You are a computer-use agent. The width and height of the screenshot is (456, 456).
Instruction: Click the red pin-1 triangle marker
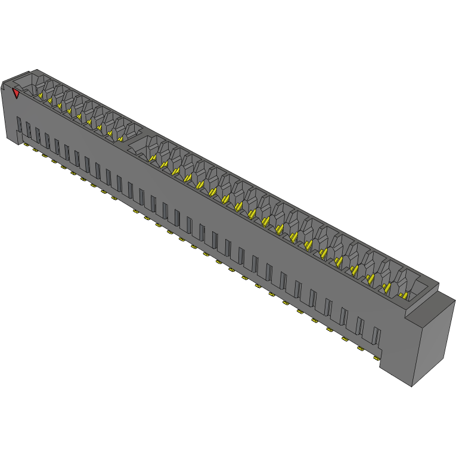click(x=17, y=93)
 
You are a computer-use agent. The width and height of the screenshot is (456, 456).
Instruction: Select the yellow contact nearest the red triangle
click(x=41, y=95)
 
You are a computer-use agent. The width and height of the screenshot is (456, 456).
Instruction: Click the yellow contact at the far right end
click(x=404, y=295)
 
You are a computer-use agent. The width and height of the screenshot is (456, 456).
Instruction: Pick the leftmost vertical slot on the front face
click(x=19, y=125)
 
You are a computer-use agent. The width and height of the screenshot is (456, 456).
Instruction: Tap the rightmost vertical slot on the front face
click(x=376, y=337)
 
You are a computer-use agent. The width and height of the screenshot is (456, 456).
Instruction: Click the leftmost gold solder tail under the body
click(x=27, y=145)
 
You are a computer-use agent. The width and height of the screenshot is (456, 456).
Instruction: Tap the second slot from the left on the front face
click(x=28, y=131)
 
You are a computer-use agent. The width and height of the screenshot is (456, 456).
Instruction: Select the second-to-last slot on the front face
click(x=360, y=327)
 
